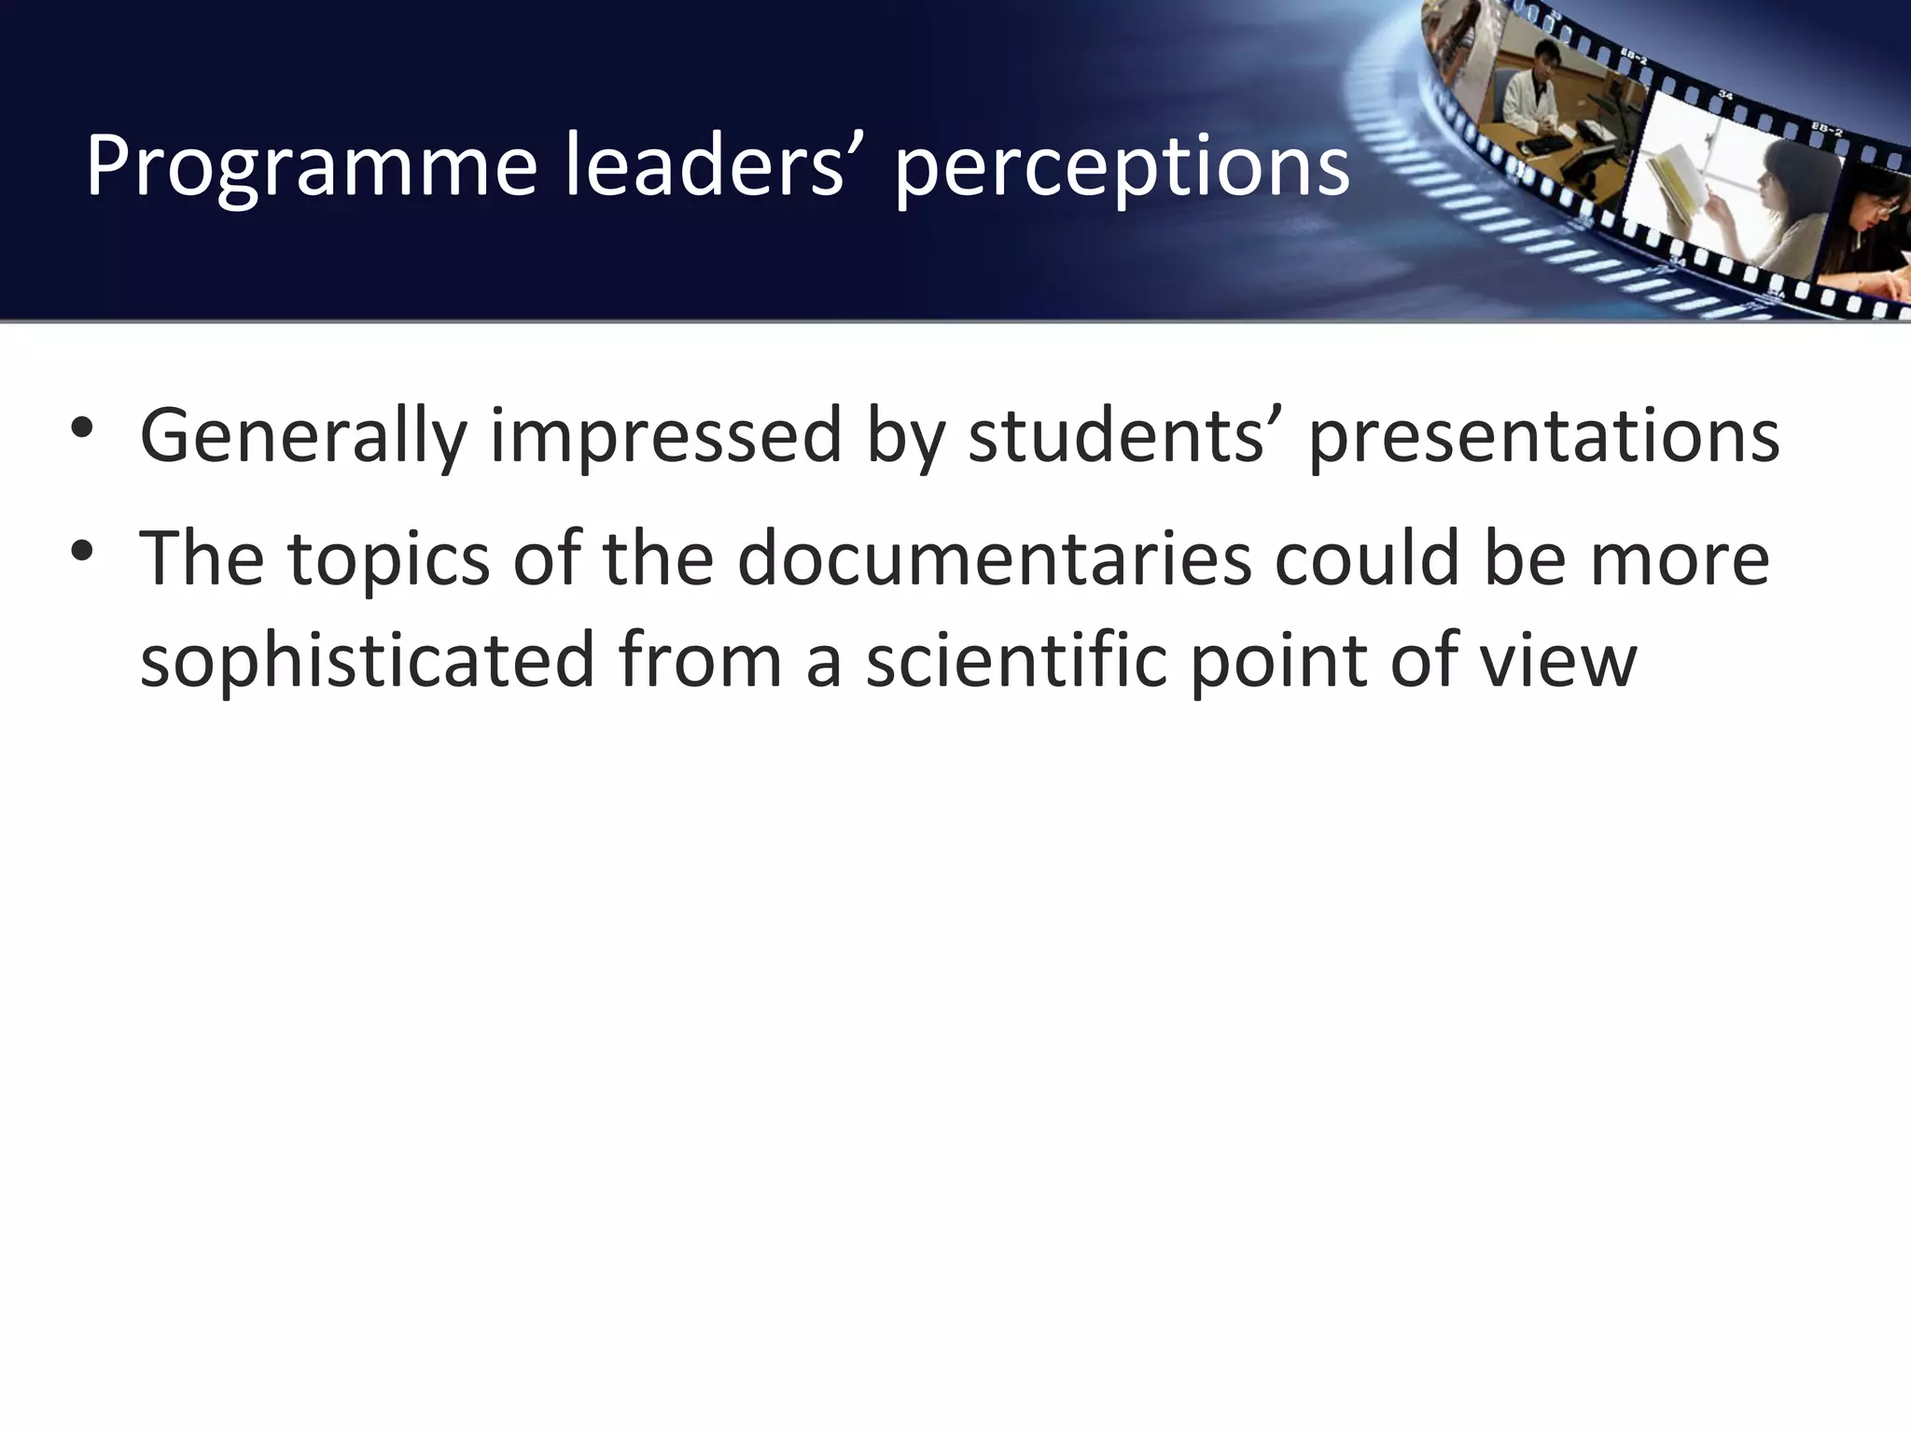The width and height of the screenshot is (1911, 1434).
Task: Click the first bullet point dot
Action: coord(82,429)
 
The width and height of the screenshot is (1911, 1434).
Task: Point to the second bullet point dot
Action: coord(82,551)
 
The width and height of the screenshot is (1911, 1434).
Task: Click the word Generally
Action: coord(302,437)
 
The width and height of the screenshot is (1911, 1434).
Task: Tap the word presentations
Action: coord(1543,435)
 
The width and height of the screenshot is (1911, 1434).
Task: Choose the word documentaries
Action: coord(994,558)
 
